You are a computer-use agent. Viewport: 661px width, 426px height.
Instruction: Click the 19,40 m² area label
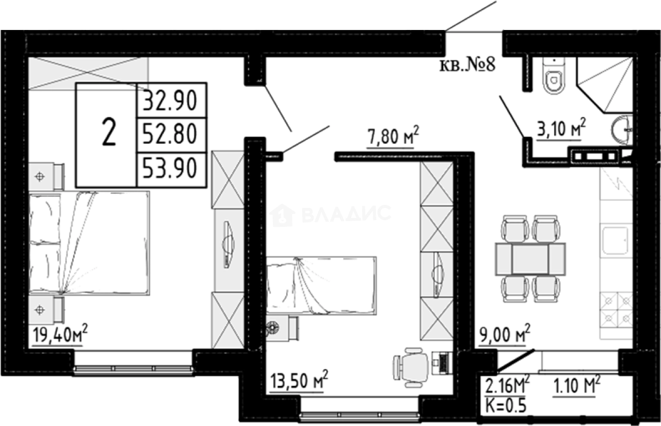60,335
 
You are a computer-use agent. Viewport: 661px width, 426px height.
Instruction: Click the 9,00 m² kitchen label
504,335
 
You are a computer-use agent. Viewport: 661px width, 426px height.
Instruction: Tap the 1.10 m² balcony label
577,386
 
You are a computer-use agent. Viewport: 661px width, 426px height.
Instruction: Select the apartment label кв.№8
467,66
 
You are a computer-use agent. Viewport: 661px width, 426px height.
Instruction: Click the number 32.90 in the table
170,100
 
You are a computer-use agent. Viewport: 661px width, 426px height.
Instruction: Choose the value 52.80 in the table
170,135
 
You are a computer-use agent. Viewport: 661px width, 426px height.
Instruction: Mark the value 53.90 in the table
170,170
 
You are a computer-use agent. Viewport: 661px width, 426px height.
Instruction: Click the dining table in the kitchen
530,259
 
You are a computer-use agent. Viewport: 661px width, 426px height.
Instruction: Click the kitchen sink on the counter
616,241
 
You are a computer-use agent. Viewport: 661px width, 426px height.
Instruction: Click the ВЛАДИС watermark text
346,214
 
